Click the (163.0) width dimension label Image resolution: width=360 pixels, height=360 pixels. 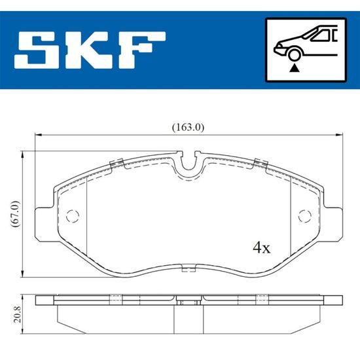pyautogui.click(x=188, y=127)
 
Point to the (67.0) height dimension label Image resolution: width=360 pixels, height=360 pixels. pyautogui.click(x=15, y=214)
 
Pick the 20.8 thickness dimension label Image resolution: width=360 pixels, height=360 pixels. pyautogui.click(x=18, y=314)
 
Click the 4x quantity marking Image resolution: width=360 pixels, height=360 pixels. pyautogui.click(x=262, y=247)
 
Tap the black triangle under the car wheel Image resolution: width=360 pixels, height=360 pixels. pyautogui.click(x=295, y=68)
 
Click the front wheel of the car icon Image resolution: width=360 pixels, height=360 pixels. pyautogui.click(x=295, y=55)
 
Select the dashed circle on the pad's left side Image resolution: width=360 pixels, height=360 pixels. pyautogui.click(x=73, y=216)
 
